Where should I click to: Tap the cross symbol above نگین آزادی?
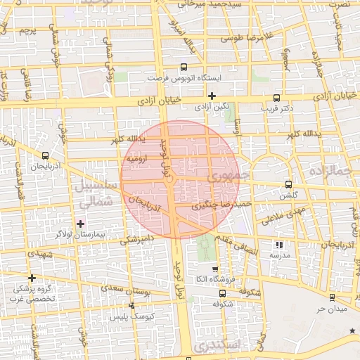212,96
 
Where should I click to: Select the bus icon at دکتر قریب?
276,98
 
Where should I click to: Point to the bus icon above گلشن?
288,184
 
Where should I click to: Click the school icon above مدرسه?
279,245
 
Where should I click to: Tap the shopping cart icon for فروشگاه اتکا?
215,269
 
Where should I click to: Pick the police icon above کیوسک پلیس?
131,305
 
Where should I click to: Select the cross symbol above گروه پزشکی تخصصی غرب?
32,278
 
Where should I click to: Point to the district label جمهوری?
226,175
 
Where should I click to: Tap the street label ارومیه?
136,159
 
